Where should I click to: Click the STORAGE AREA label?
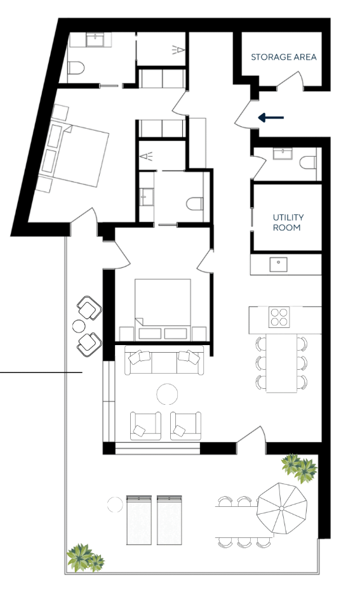[x=284, y=57]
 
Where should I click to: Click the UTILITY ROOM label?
[x=288, y=223]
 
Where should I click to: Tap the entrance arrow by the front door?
[x=270, y=118]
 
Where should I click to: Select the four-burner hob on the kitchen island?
[x=279, y=317]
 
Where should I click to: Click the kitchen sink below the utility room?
[x=278, y=264]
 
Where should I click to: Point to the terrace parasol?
[x=282, y=508]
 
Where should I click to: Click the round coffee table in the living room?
[x=167, y=394]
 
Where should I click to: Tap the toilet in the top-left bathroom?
[x=76, y=68]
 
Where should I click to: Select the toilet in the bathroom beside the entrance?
[x=308, y=162]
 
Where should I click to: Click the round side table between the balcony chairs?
[x=79, y=326]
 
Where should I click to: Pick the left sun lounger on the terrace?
[x=139, y=520]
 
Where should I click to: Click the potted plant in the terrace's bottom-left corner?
[x=84, y=557]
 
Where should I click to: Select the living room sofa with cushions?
[x=164, y=361]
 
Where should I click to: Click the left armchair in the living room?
[x=145, y=426]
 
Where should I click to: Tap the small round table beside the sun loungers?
[x=115, y=505]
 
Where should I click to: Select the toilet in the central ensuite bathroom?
[x=195, y=204]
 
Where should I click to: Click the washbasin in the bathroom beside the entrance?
[x=283, y=154]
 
